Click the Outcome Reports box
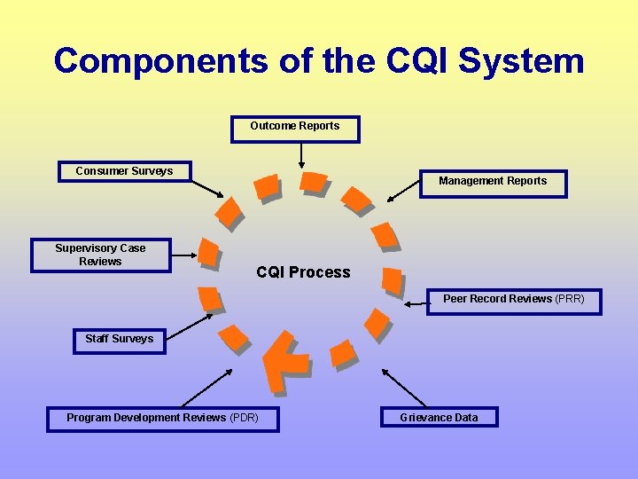[x=295, y=128]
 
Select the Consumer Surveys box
[x=124, y=171]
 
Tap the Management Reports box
[x=493, y=183]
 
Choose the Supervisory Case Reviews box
[x=100, y=255]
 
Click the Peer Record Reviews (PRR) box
[x=514, y=300]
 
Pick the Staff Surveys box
[x=119, y=340]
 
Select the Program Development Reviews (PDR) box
[x=162, y=418]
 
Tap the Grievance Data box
[x=439, y=418]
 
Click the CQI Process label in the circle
[x=303, y=272]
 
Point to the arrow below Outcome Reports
[x=302, y=154]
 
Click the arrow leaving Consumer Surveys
[x=208, y=187]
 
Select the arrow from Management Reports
[x=403, y=191]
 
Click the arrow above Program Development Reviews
[x=206, y=386]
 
